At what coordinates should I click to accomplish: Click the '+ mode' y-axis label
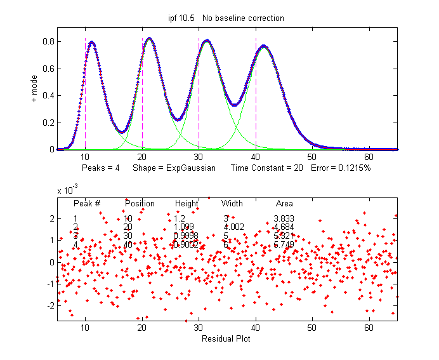point(34,90)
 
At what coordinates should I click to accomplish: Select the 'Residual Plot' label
point(225,338)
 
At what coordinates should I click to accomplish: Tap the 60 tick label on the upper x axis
point(369,157)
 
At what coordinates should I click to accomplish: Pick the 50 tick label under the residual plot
point(311,328)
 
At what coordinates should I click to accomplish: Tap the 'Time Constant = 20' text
point(266,168)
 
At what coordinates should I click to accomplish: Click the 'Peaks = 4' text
point(100,168)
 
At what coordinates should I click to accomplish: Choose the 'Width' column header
point(232,204)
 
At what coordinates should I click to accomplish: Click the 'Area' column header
point(284,204)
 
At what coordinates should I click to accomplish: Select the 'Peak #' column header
point(87,204)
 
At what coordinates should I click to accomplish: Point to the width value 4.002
point(233,227)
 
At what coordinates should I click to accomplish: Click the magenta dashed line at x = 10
point(85,95)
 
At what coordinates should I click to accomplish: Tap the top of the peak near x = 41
point(264,46)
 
